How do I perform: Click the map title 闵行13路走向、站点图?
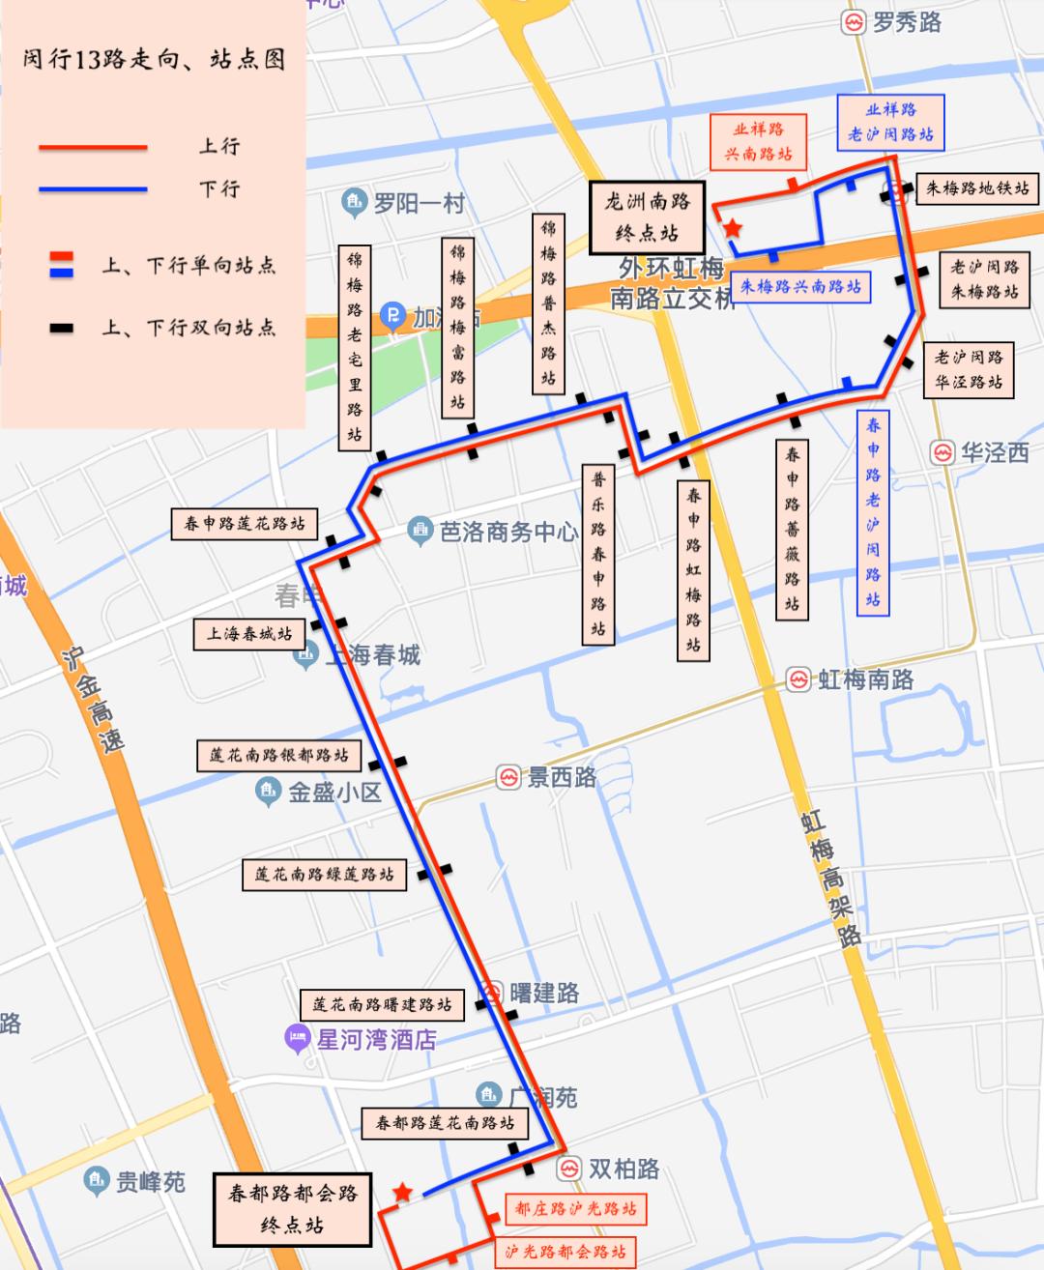coord(154,59)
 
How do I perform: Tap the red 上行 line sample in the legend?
coord(93,148)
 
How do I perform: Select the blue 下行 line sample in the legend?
coord(93,189)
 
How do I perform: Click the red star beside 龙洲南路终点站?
coord(733,229)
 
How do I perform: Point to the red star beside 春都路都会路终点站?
coord(402,1193)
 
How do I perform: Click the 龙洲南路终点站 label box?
coord(647,217)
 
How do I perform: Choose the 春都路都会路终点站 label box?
coord(292,1209)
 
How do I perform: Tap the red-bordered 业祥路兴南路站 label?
coord(758,142)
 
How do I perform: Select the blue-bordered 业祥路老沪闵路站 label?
coord(890,123)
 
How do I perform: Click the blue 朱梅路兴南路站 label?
coord(800,287)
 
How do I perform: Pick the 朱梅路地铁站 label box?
coord(976,188)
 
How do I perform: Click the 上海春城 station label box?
coord(249,634)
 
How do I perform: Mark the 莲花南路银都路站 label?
coord(278,755)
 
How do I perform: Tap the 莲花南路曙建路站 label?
coord(382,1004)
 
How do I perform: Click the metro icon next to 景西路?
coord(508,777)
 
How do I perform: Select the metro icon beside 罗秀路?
coord(854,22)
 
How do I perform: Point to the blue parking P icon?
coord(392,315)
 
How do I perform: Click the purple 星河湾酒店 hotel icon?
coord(297,1040)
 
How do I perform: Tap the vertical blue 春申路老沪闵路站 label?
coord(873,512)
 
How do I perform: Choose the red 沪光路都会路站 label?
coord(565,1252)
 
